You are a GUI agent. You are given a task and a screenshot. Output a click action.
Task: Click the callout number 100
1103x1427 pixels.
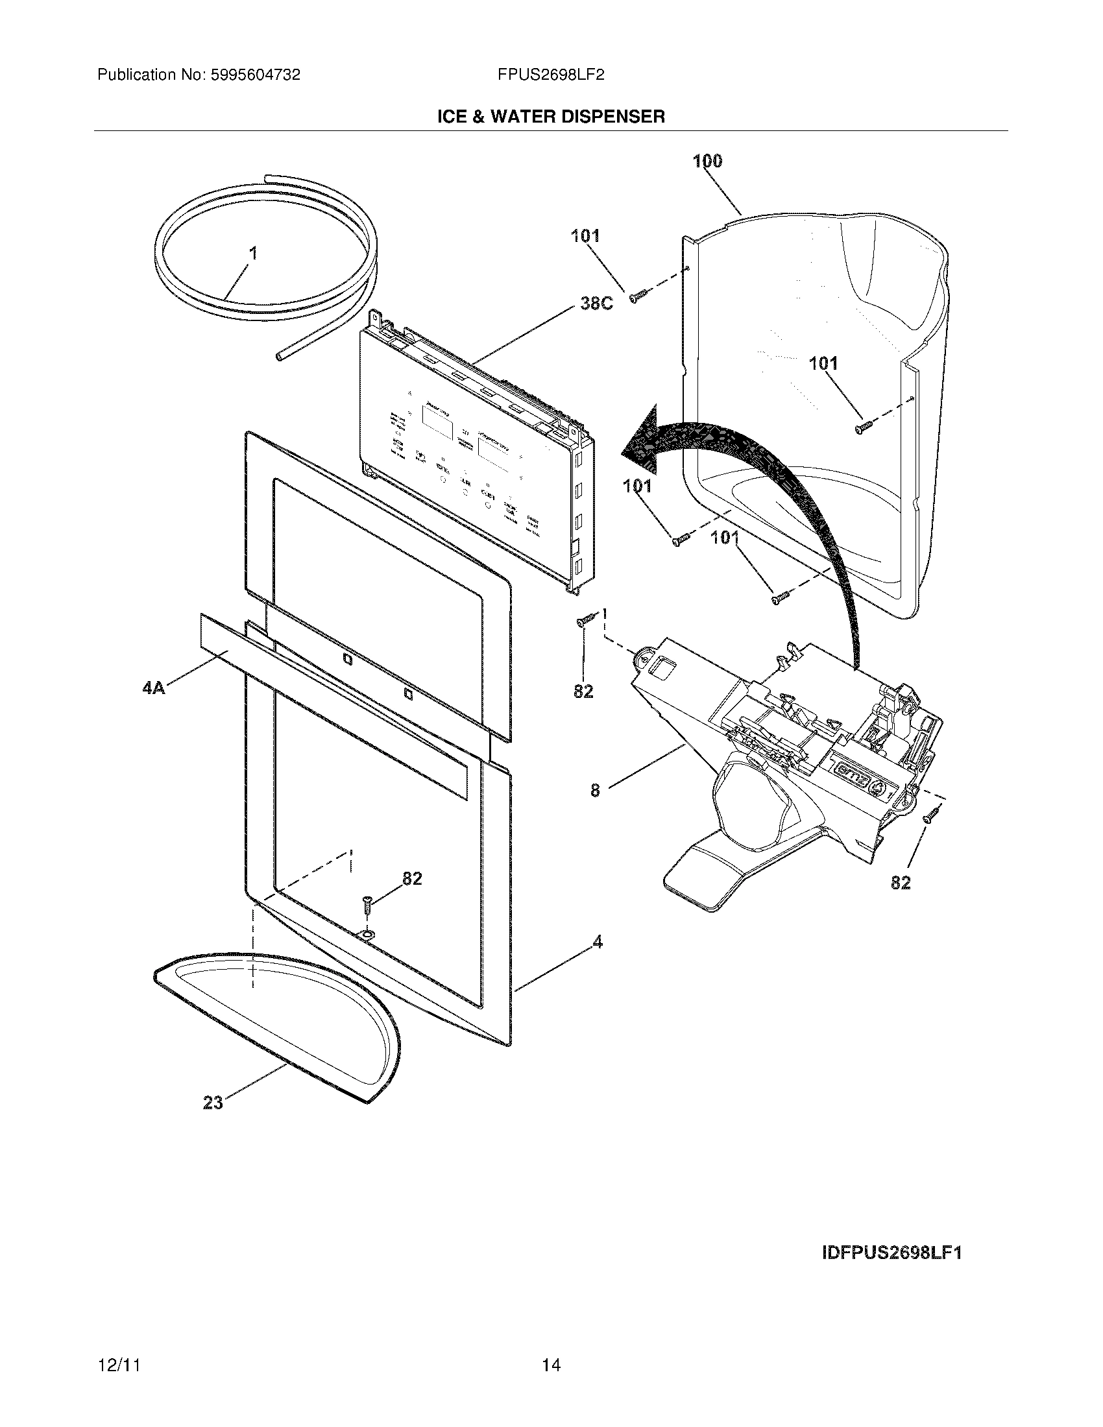pos(708,161)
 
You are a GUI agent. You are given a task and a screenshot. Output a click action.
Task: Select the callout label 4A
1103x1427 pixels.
pos(154,688)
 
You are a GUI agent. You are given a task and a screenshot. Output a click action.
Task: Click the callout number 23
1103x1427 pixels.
pos(213,1103)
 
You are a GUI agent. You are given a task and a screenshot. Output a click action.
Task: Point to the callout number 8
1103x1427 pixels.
pos(594,790)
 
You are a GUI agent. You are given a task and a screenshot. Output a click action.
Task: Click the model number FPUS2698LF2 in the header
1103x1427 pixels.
pos(550,75)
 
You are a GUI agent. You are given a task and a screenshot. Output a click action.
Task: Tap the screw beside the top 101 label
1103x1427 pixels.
pos(638,296)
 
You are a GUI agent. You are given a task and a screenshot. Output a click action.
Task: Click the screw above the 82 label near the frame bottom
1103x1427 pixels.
pos(367,906)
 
